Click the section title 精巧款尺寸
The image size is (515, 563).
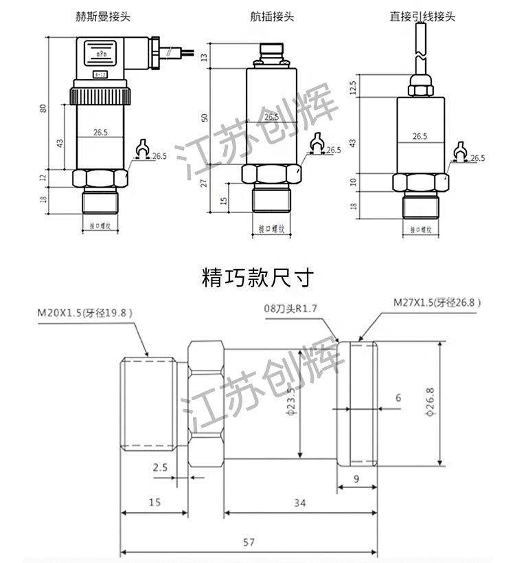click(x=257, y=278)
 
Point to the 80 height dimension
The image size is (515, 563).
click(x=43, y=109)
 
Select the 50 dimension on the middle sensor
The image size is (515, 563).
click(x=204, y=118)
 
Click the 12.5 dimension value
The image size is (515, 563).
click(x=353, y=87)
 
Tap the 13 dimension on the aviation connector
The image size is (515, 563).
click(x=204, y=56)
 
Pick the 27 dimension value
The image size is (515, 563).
click(x=204, y=182)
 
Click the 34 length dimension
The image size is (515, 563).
click(x=299, y=503)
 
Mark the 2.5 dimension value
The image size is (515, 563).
click(x=160, y=467)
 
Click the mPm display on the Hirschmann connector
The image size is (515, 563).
click(x=100, y=52)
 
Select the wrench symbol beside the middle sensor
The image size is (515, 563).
click(x=317, y=143)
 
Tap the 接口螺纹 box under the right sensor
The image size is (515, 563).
click(x=419, y=230)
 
